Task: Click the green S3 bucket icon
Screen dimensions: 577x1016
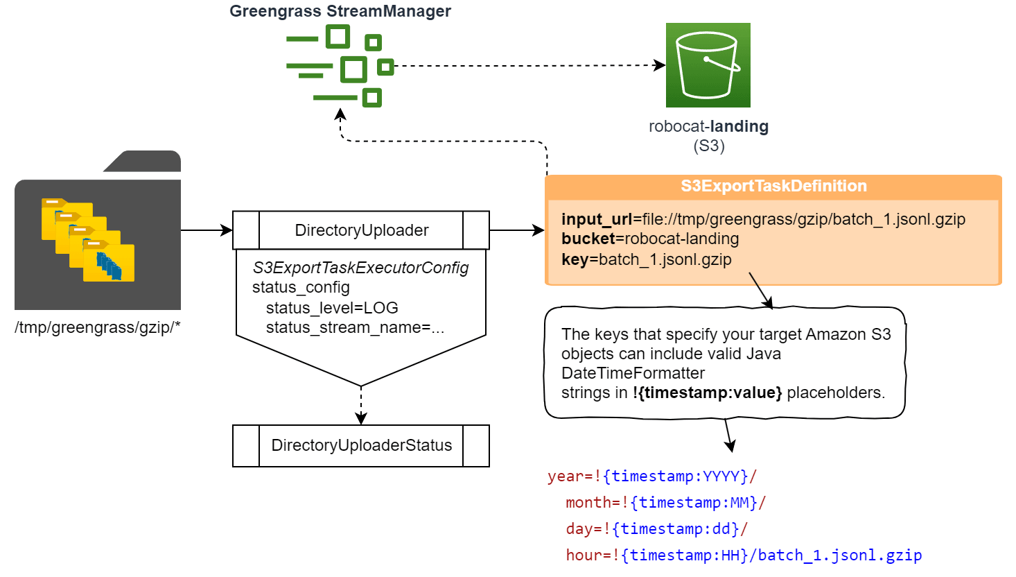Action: (708, 65)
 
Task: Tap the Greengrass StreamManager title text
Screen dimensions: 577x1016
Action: (340, 11)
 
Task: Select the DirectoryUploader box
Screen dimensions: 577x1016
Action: (361, 230)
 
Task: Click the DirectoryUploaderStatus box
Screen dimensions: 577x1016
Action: (361, 445)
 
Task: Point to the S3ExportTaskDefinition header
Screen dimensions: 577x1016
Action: (773, 186)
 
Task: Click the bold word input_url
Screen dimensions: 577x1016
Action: (597, 219)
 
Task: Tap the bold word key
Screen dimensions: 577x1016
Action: (575, 259)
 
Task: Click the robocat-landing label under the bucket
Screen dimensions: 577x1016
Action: (708, 127)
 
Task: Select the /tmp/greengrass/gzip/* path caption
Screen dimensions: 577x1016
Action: (97, 327)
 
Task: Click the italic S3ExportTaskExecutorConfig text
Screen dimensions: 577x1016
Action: (360, 268)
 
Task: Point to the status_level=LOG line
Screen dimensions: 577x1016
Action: (332, 308)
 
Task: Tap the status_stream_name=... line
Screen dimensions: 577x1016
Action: (355, 327)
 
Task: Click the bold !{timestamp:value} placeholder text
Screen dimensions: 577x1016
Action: (707, 393)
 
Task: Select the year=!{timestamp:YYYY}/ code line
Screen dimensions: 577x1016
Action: (651, 476)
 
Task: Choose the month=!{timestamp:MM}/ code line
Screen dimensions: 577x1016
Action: (665, 503)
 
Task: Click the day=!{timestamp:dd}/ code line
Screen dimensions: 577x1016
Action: (656, 529)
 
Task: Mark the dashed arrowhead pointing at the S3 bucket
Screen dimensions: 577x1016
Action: (660, 65)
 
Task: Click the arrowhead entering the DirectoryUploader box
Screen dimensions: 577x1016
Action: (227, 230)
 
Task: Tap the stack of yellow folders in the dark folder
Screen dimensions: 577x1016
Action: (88, 240)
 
